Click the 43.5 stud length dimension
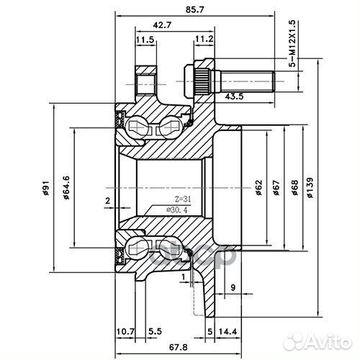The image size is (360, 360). (234, 96)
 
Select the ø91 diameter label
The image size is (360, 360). (45, 189)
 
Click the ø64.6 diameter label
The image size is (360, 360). (67, 189)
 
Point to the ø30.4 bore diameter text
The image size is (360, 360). (163, 210)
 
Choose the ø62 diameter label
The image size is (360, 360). (258, 189)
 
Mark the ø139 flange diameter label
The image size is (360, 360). (309, 189)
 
